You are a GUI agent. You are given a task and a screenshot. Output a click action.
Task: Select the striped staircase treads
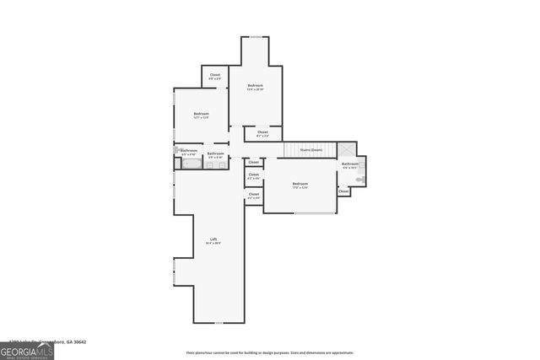tap(296, 150)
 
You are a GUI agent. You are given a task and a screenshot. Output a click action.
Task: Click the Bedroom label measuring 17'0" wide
tap(300, 185)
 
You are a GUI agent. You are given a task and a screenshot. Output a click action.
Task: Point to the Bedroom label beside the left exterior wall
tap(201, 115)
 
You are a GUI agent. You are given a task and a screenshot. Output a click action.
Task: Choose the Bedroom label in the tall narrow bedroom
tap(255, 86)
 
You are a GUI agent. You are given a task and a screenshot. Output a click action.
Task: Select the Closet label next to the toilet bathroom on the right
tap(343, 191)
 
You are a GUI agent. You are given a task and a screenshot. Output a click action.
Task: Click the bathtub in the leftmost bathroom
tap(190, 164)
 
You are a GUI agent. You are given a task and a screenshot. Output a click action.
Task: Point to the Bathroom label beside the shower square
tap(349, 164)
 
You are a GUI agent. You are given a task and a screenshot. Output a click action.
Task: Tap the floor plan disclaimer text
tap(270, 352)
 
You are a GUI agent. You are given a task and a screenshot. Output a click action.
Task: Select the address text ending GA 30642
tap(59, 342)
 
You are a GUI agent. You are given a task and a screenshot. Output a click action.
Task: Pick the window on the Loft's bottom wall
tap(219, 323)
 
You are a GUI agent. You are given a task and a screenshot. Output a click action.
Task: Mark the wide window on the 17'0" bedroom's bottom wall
tap(313, 213)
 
